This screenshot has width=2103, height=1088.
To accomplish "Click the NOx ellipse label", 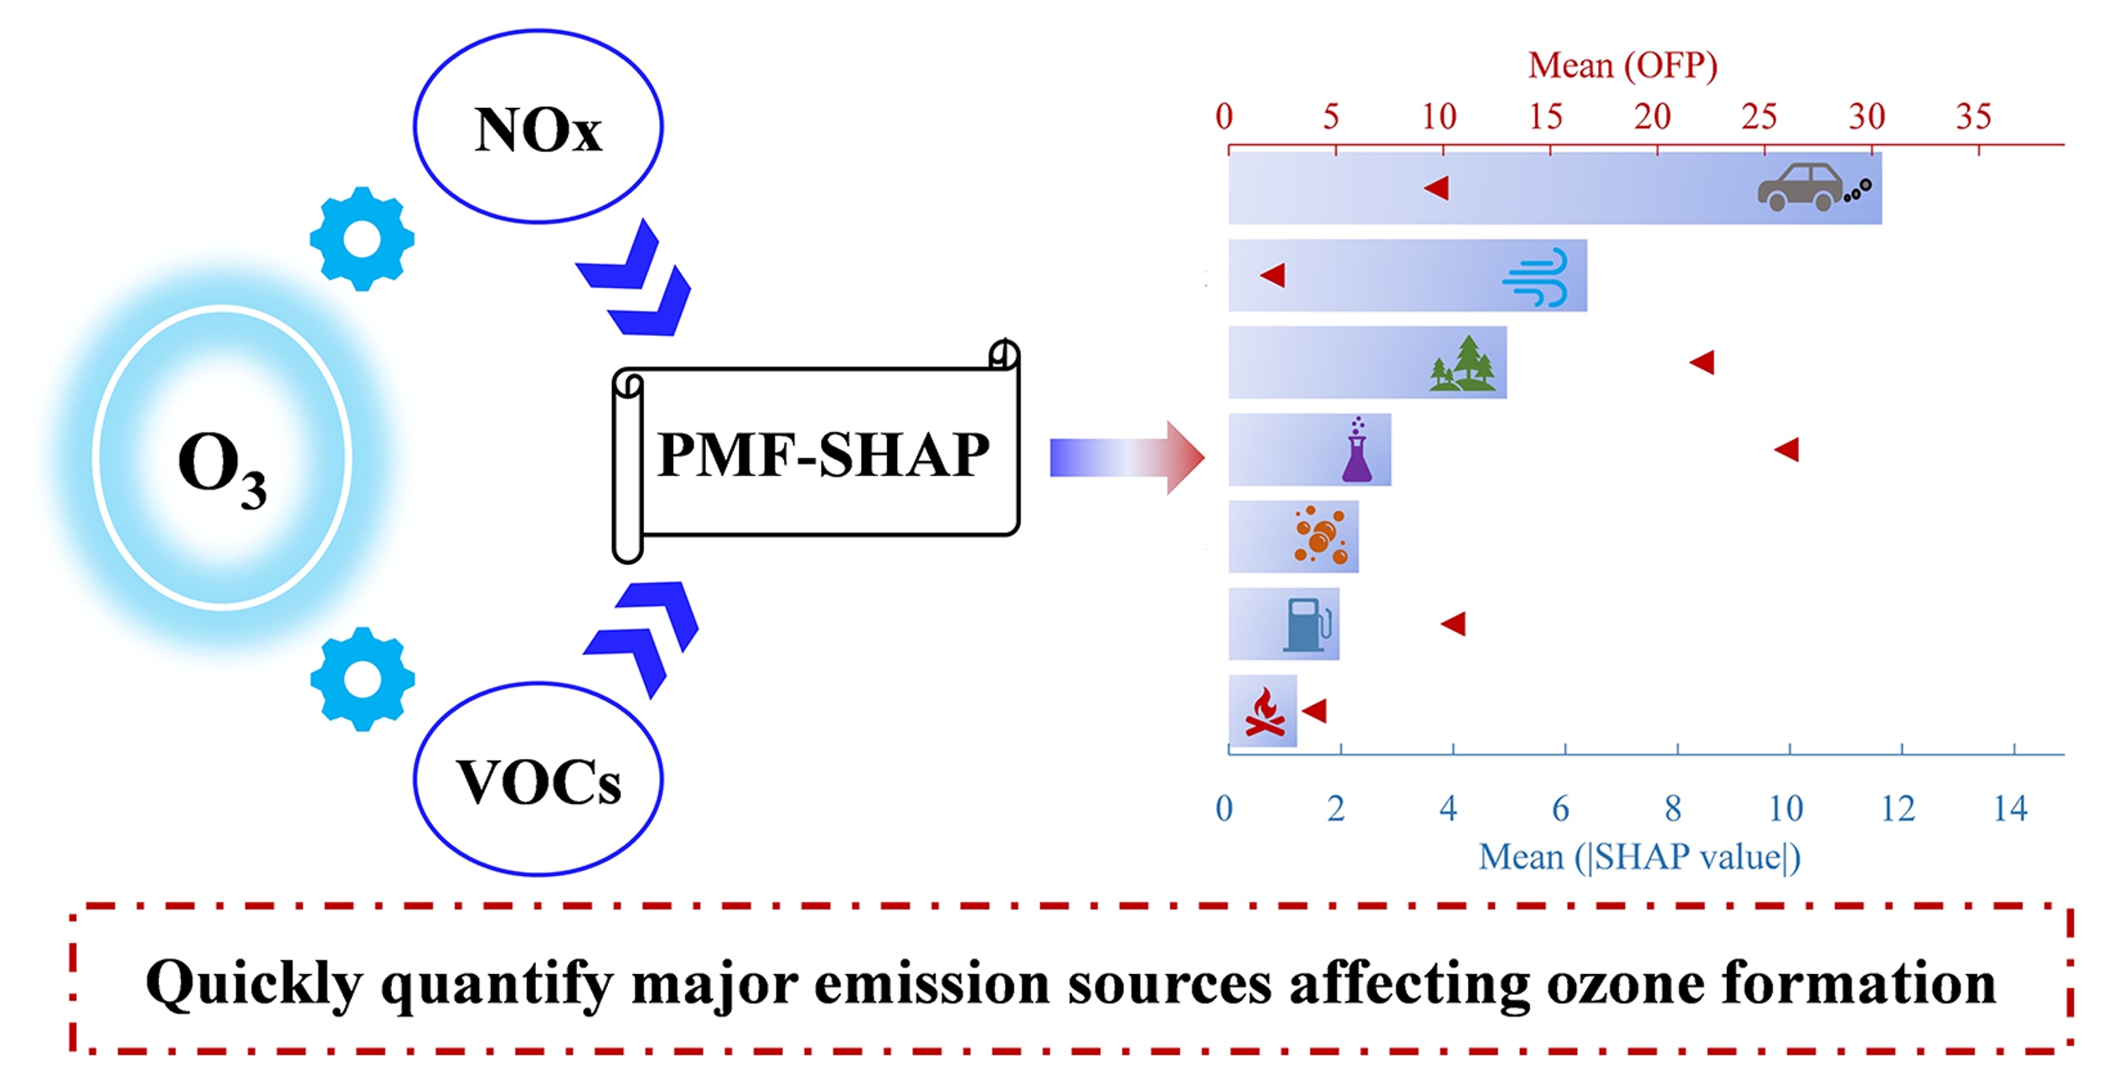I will (x=538, y=131).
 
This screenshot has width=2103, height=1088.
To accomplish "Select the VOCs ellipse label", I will (x=538, y=781).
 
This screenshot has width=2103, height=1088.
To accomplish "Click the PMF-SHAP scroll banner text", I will (x=822, y=455).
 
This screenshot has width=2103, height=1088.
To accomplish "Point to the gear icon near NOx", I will (x=362, y=239).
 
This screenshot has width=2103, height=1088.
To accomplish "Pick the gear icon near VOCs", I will (x=362, y=678).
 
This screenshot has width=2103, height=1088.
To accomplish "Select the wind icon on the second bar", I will (x=1535, y=277).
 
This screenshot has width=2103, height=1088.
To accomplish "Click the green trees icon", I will (x=1462, y=364).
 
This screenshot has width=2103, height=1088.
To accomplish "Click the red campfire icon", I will (x=1265, y=713).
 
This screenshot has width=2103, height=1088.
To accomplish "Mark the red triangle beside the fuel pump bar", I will (x=1454, y=623).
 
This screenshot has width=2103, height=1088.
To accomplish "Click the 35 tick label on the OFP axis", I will (x=1972, y=116).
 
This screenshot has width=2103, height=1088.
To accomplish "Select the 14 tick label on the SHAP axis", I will (x=2009, y=809).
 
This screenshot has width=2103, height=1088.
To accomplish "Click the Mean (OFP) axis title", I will (x=1622, y=65).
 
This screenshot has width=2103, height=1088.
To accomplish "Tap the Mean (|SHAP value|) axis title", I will (x=1639, y=857).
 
